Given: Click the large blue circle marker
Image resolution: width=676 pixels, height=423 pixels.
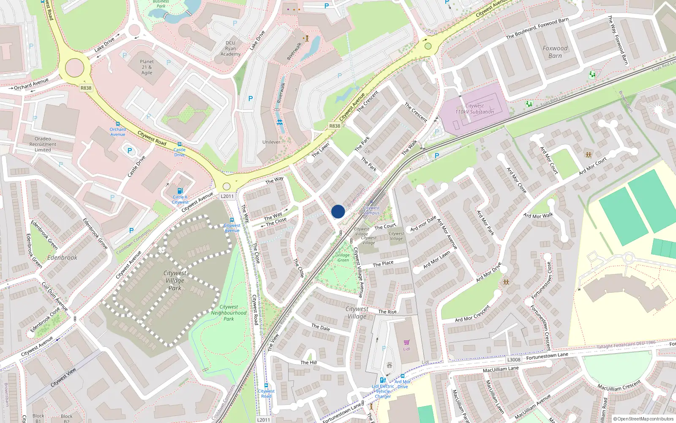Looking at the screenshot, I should pyautogui.click(x=338, y=211).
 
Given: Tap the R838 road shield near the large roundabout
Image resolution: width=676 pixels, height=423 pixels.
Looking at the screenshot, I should pyautogui.click(x=86, y=88).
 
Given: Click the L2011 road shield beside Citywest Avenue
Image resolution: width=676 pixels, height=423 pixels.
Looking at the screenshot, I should pyautogui.click(x=227, y=196).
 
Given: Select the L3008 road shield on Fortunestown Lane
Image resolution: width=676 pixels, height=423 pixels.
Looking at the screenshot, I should pyautogui.click(x=514, y=360).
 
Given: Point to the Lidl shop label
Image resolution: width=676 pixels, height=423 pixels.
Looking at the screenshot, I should pyautogui.click(x=406, y=349).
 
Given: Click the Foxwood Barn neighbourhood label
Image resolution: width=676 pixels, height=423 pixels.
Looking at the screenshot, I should pyautogui.click(x=555, y=52).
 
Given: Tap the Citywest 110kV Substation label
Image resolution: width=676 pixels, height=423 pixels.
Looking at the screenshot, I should pyautogui.click(x=474, y=109).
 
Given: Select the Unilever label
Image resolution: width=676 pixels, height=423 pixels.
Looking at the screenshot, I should pyautogui.click(x=271, y=142).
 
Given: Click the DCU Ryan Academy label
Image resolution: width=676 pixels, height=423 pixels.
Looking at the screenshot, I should pyautogui.click(x=230, y=49).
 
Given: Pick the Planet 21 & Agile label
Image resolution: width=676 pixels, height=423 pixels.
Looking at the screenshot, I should pyautogui.click(x=147, y=67).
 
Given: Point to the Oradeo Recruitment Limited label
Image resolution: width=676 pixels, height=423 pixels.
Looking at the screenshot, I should pyautogui.click(x=43, y=144).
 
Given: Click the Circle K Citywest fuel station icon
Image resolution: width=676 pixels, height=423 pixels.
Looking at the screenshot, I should pyautogui.click(x=180, y=191).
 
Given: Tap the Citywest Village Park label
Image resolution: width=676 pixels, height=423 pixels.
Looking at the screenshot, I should pyautogui.click(x=175, y=280).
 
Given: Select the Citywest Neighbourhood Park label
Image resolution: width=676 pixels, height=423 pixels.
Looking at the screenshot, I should pyautogui.click(x=229, y=313).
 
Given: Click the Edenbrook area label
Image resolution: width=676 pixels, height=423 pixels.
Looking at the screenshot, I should pyautogui.click(x=62, y=257).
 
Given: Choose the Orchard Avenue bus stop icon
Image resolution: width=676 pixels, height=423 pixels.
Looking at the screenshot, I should pyautogui.click(x=117, y=124).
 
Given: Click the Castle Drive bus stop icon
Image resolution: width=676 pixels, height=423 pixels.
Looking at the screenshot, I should pyautogui.click(x=180, y=144).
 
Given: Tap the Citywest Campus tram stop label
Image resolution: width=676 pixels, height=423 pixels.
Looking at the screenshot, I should pyautogui.click(x=371, y=210).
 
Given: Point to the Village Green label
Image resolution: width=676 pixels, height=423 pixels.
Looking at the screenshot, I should pyautogui.click(x=343, y=258).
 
